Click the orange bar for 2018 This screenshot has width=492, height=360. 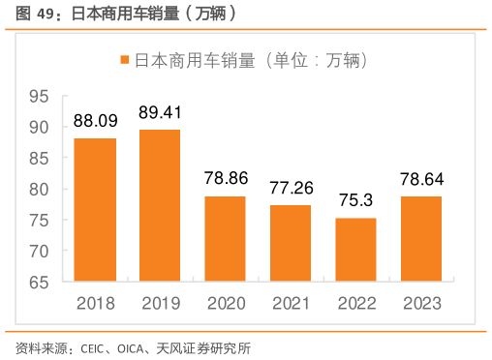pos(95,210)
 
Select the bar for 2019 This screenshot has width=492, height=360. pos(160,206)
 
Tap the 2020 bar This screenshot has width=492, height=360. pos(225,239)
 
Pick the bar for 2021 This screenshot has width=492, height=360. pos(291,244)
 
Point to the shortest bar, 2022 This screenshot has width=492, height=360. pos(355,250)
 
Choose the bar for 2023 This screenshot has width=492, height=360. pos(420,239)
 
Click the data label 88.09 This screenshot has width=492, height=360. pos(95,121)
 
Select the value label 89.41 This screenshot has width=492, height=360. pos(160,112)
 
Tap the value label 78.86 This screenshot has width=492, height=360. pos(225,179)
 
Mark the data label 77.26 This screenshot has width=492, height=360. pos(291,188)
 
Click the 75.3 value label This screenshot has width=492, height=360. pos(355,200)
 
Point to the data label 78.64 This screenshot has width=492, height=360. pos(420,179)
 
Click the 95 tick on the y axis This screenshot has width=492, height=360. pos(39,97)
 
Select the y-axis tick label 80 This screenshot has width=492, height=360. pos(39,190)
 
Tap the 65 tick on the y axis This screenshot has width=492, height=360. pos(39,283)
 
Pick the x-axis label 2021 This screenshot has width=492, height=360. pos(291,304)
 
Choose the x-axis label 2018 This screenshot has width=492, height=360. pos(95,304)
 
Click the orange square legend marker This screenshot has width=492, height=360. pos(124,60)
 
